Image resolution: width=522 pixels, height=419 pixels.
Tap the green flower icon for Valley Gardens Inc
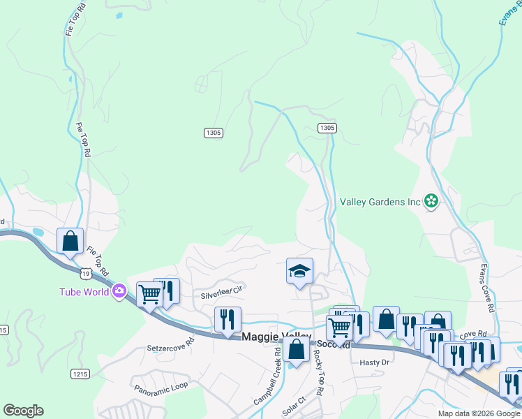431,202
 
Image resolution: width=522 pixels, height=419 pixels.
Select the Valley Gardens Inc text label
380,202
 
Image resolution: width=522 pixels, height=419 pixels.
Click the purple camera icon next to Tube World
119,291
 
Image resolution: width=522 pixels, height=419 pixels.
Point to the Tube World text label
84,292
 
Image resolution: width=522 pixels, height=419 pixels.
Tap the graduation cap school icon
299,271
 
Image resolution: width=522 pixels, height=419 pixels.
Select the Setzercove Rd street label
171,347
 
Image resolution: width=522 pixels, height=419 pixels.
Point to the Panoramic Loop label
161,386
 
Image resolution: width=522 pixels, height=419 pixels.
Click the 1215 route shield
80,374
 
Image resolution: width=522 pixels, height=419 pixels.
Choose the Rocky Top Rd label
318,373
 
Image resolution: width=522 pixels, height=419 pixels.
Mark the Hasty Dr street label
373,362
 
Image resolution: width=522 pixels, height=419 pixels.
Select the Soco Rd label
332,344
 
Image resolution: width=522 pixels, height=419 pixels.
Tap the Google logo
23,411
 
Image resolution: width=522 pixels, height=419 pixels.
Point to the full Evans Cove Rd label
486,288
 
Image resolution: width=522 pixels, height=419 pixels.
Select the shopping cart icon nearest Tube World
149,293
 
